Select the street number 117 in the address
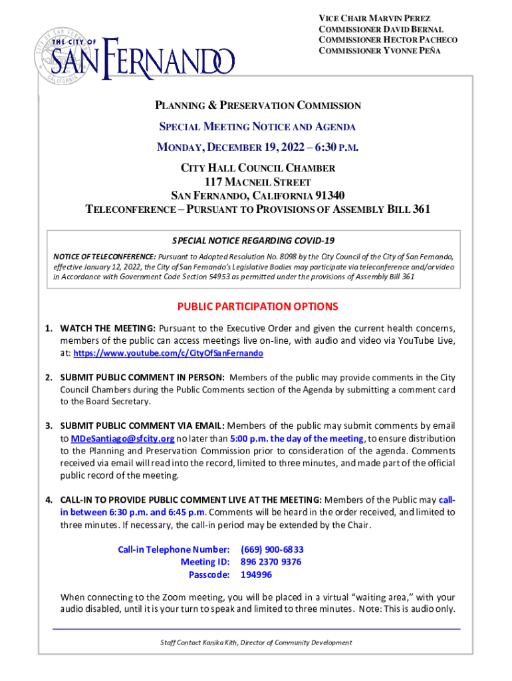click(x=216, y=182)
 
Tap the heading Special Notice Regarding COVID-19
click(x=253, y=240)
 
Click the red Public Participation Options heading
click(x=257, y=307)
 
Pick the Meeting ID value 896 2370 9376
click(x=271, y=562)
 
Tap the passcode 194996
click(x=256, y=575)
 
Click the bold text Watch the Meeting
click(x=108, y=328)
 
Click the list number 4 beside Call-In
click(x=49, y=499)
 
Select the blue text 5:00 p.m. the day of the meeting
click(x=297, y=438)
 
